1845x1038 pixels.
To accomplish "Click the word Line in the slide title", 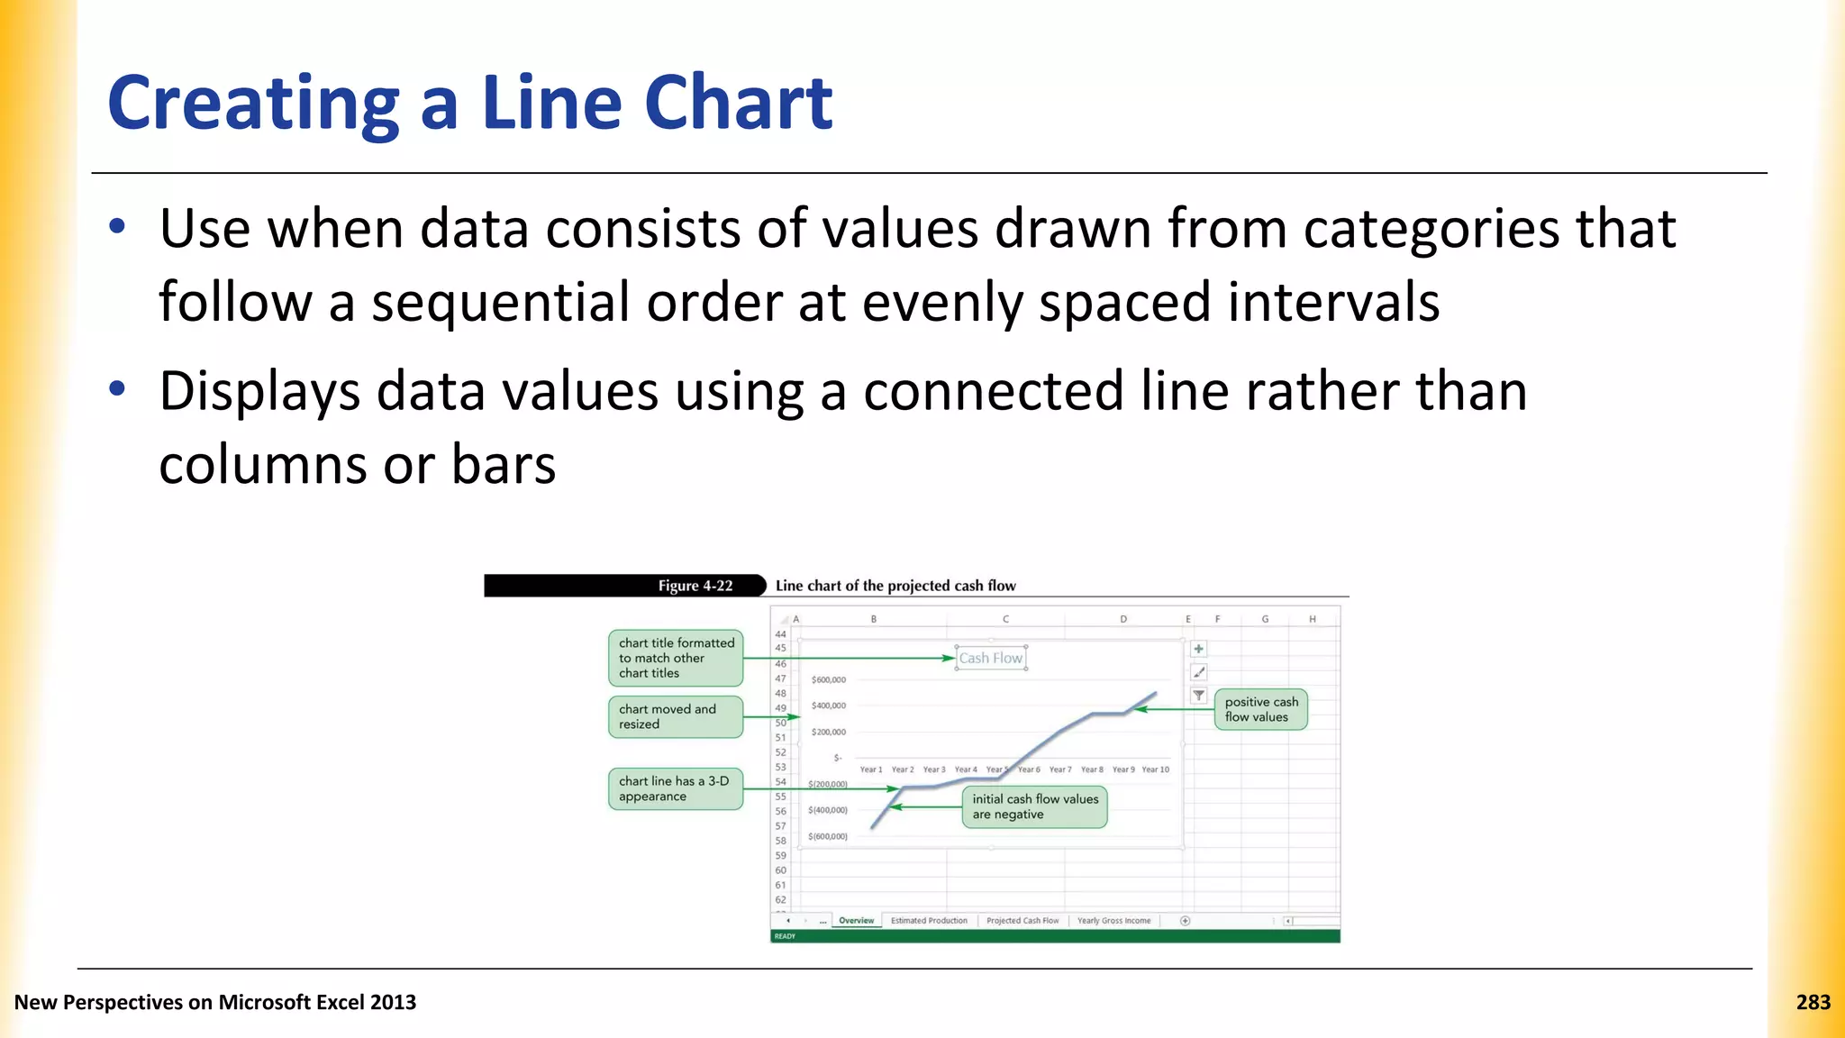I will click(x=551, y=103).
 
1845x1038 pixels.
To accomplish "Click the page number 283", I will click(x=1813, y=1002).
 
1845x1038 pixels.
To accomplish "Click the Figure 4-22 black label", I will click(x=623, y=586).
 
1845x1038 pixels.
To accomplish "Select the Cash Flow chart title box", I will click(x=990, y=658).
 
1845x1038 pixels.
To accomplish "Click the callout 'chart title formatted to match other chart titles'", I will click(x=676, y=658).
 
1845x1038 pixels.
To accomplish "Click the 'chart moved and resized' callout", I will click(x=676, y=716).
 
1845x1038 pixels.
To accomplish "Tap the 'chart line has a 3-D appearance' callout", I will click(x=676, y=788).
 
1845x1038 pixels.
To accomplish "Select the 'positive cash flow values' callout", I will click(x=1260, y=709).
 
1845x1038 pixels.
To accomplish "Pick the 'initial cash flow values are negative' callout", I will click(x=1034, y=806).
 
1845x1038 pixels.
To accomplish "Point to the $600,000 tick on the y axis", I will click(x=828, y=679).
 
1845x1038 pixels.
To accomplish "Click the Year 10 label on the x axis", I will click(x=1155, y=769).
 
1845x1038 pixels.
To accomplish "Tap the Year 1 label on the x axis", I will click(x=870, y=769).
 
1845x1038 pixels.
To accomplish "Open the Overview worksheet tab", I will click(x=856, y=921).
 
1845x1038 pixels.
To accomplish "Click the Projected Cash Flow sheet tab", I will click(x=1022, y=921).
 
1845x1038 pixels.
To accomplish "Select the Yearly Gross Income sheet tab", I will click(x=1113, y=921).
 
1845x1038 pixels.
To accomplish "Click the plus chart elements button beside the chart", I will click(x=1198, y=649).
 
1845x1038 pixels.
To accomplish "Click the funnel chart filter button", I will click(x=1198, y=695).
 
